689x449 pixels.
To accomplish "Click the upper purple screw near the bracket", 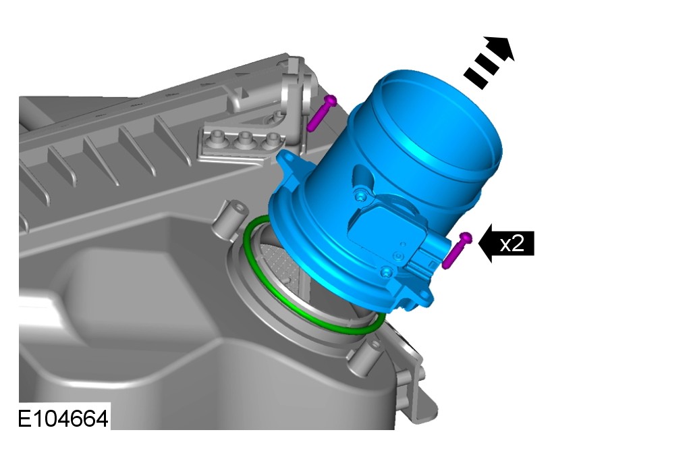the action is (x=321, y=113).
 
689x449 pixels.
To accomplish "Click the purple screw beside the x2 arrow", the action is (x=457, y=250).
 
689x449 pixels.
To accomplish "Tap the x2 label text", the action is (x=512, y=243).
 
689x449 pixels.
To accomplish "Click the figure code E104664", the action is (x=62, y=419).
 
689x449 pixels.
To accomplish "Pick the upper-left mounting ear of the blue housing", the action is (x=292, y=163).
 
